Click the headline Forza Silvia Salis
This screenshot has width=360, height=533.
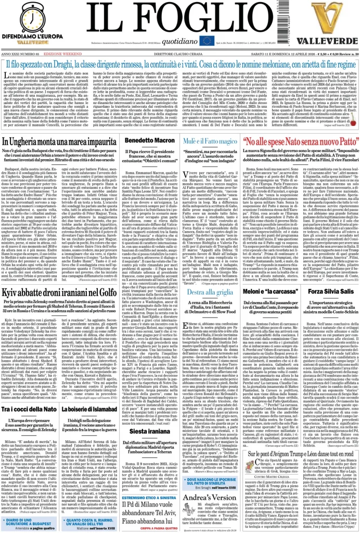pyautogui.click(x=330, y=291)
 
